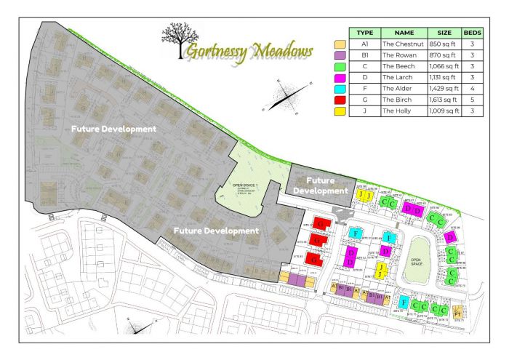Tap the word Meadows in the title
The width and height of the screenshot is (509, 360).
tap(281, 52)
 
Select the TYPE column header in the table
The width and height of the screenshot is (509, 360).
tap(365, 33)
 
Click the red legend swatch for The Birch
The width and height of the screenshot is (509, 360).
tap(339, 99)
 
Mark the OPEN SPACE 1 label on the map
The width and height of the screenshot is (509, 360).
tap(245, 186)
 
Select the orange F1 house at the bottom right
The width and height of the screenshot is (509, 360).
tap(457, 313)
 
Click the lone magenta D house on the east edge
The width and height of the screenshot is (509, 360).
tap(450, 237)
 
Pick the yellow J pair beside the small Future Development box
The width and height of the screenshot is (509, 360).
tap(365, 196)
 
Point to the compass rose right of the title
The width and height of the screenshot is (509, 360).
tap(286, 97)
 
